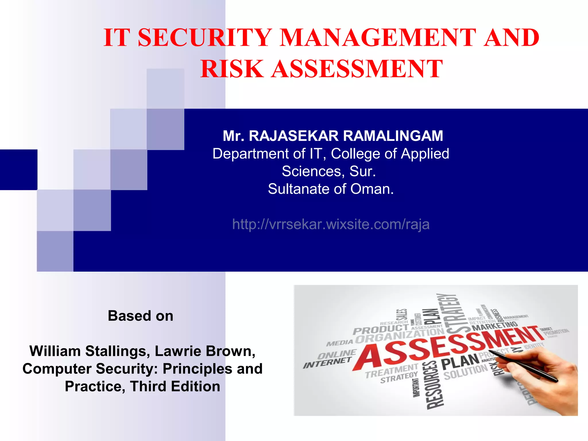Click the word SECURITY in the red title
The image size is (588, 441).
tap(205, 38)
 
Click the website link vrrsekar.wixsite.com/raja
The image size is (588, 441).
tap(331, 224)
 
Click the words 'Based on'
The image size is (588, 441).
tap(140, 316)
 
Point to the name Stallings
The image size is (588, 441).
tap(118, 351)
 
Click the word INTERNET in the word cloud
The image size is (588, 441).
tap(327, 363)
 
